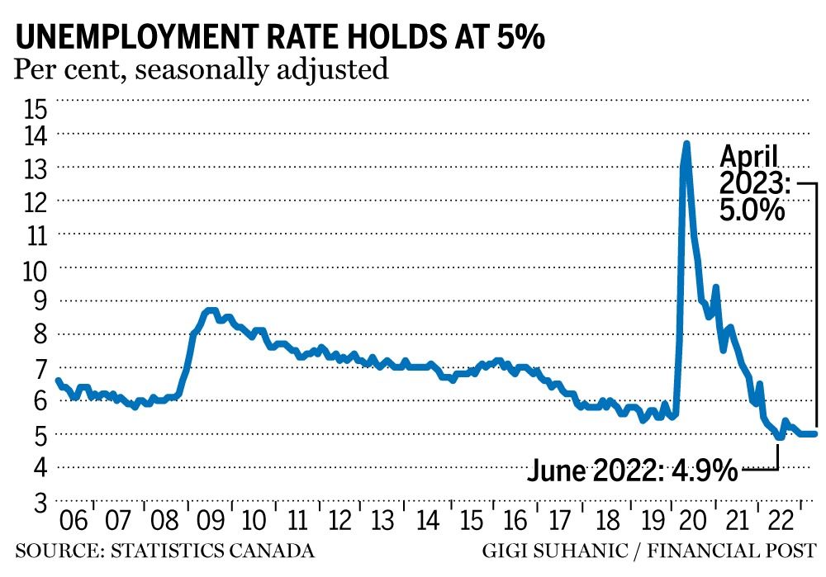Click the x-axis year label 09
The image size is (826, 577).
[209, 522]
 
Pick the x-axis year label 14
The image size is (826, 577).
[428, 522]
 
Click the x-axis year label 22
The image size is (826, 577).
[776, 522]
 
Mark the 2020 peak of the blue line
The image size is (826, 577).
[686, 144]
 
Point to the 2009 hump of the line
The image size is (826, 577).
[211, 311]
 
